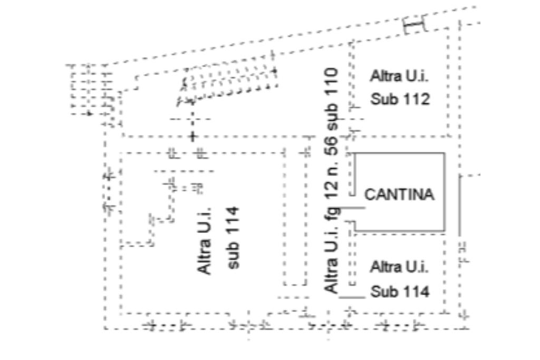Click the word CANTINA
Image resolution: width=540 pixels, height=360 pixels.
(x=400, y=194)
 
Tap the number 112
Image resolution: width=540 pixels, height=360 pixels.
(x=414, y=99)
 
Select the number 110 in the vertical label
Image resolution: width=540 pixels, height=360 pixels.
(x=332, y=82)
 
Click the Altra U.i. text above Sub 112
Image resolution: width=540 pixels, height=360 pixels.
(x=399, y=76)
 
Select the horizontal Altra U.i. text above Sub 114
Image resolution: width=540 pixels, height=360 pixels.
(x=399, y=267)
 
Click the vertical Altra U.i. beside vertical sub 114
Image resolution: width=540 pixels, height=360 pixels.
(x=205, y=240)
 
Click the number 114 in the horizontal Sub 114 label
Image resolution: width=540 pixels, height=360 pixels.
(x=414, y=291)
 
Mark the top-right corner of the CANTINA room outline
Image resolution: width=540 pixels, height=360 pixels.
(x=445, y=153)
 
